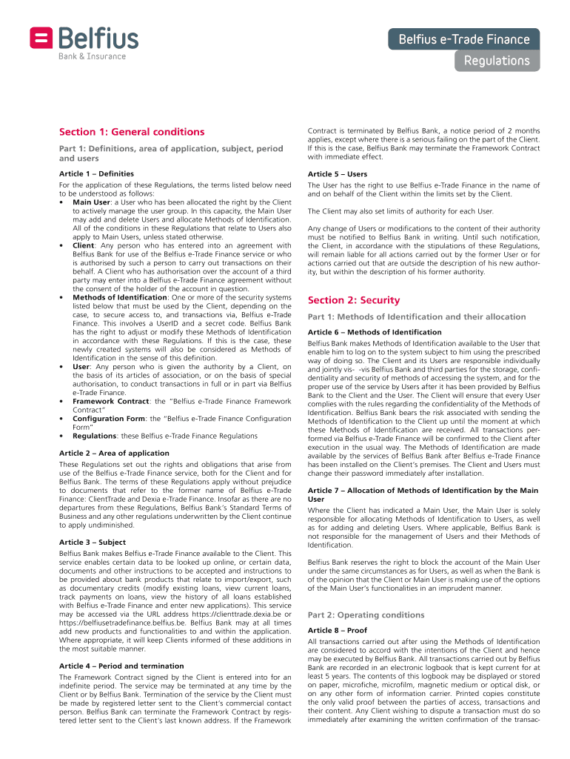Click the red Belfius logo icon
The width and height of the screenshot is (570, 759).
tap(41, 38)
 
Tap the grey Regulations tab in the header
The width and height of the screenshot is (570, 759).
tap(497, 61)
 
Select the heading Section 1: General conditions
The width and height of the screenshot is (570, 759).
tap(132, 132)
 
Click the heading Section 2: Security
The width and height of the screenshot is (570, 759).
tap(353, 300)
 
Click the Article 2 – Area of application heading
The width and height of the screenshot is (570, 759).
tap(114, 453)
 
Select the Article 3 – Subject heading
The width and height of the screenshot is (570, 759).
tap(92, 542)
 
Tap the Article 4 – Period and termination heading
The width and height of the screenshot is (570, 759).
tap(122, 666)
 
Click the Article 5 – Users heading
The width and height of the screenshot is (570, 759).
tap(337, 174)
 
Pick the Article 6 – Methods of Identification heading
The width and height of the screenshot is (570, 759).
tap(375, 332)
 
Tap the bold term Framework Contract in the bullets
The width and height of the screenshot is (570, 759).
tap(110, 400)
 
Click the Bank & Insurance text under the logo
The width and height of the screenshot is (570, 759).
tap(93, 56)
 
